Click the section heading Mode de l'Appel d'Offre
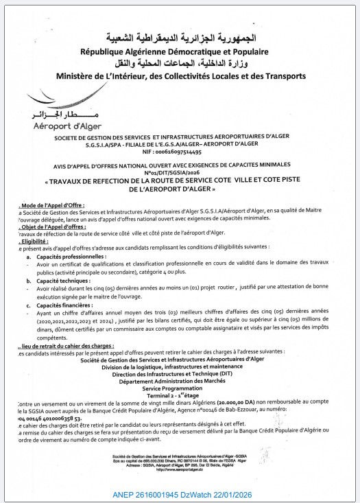point(43,206)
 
